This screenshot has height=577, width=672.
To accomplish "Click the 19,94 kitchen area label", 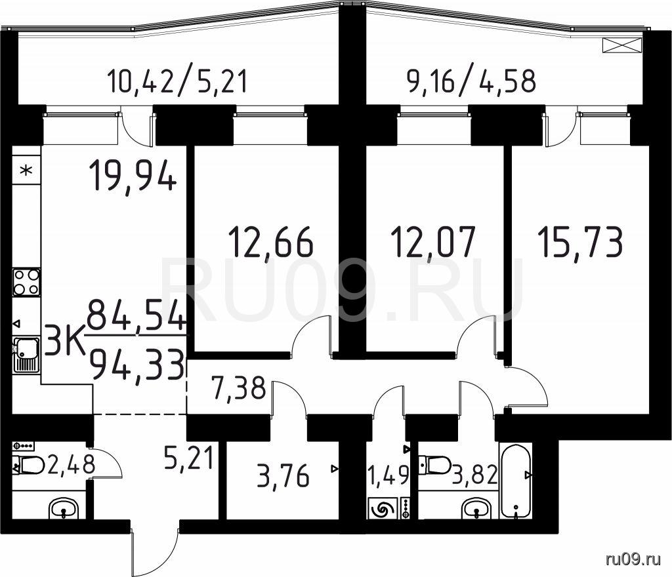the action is point(133,176).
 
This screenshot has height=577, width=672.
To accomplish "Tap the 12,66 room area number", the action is point(271,242).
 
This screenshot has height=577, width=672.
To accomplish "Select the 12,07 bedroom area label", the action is point(433,242).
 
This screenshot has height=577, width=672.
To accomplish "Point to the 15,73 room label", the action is point(580,242).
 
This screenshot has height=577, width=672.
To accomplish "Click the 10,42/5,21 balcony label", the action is point(177,81).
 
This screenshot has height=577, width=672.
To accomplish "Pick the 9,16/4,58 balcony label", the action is point(471,81).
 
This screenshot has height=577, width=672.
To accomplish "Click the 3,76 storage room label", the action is point(283,476).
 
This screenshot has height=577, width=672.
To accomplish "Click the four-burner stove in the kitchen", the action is point(26,282).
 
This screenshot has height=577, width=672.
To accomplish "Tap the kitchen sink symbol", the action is point(26,355).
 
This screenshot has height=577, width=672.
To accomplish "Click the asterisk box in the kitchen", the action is point(26,170).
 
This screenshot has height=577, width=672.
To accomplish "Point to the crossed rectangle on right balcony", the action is point(622,45).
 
